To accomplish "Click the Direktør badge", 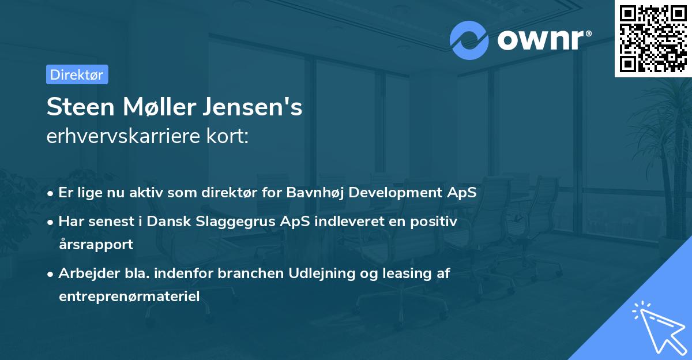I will point(77,74).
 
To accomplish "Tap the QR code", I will point(653,39).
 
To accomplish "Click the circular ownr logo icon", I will point(469,40).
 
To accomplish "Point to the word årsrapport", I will point(96,244).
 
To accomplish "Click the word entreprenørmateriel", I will point(129,297).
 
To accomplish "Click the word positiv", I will point(436,222).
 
